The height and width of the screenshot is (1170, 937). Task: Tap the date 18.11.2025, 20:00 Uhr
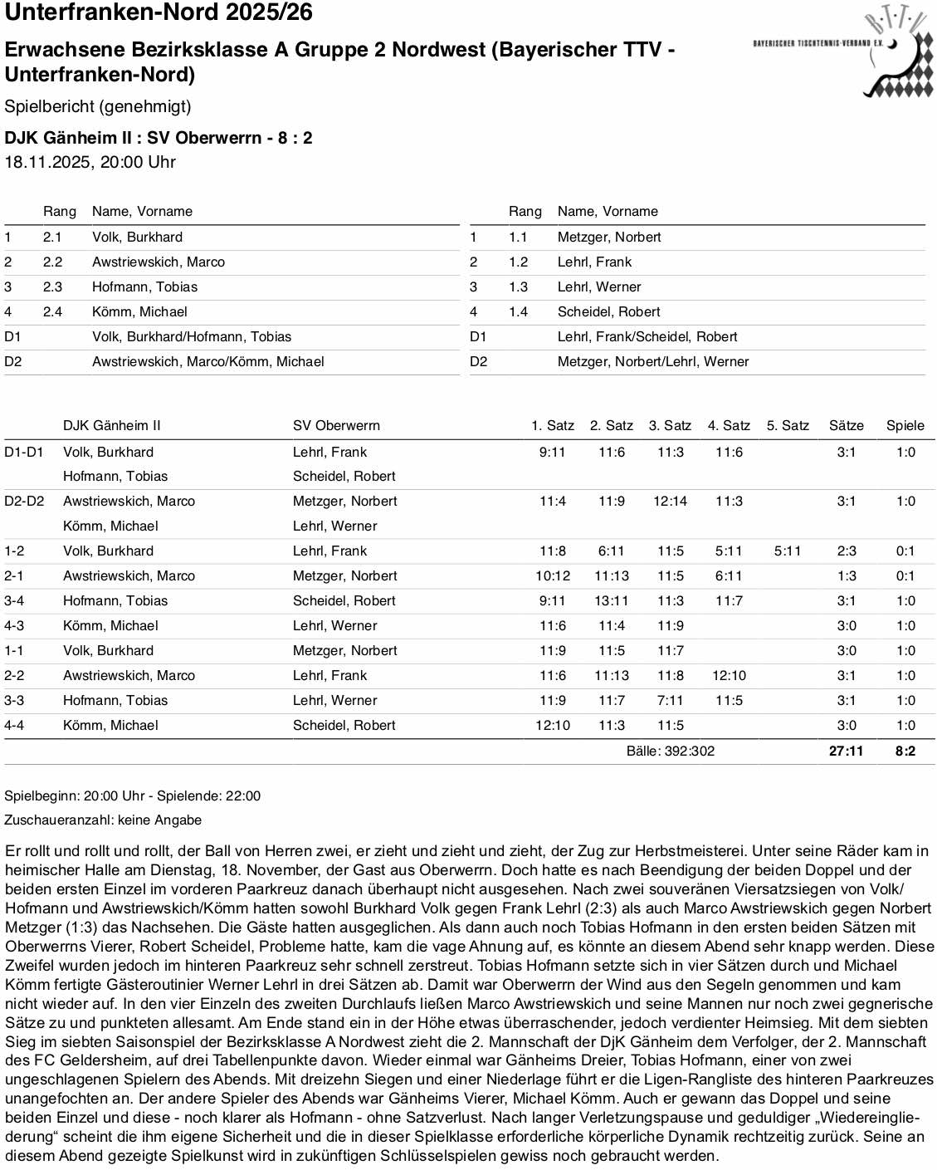90,162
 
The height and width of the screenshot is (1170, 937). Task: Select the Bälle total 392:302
671,751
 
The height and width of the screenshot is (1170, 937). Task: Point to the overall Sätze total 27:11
846,751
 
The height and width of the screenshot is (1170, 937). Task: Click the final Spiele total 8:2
905,751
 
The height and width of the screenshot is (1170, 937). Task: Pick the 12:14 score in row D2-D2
670,501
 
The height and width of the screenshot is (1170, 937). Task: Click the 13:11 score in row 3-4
612,600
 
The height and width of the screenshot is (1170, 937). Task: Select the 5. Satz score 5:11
788,551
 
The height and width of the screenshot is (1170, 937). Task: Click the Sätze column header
846,425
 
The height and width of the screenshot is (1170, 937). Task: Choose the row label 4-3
15,625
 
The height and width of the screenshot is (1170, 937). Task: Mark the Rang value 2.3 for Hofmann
52,286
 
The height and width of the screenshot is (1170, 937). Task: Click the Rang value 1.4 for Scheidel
518,311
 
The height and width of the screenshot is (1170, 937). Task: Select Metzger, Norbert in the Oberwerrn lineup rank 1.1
609,237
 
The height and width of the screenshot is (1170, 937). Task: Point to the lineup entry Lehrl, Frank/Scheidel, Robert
647,336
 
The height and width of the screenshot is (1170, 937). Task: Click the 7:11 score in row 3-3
670,700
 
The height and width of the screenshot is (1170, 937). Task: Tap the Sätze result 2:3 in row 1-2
846,551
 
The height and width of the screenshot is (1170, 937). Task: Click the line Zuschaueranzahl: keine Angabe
103,820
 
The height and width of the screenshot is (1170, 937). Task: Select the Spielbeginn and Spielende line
132,796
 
